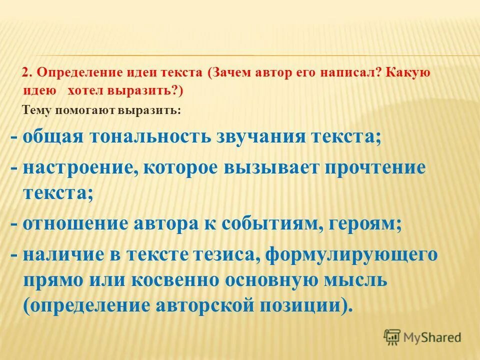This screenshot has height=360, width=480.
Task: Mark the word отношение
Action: coord(74,223)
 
